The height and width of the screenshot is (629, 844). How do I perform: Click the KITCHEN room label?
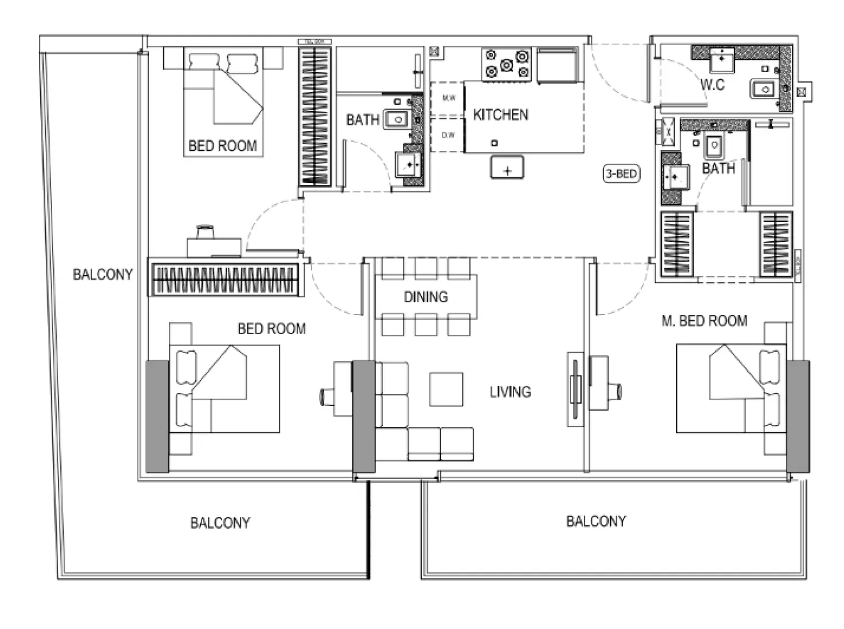click(500, 115)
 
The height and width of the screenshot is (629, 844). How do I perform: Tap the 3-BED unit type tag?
click(621, 173)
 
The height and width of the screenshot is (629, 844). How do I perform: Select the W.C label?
click(712, 85)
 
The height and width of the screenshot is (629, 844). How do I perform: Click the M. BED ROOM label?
click(704, 321)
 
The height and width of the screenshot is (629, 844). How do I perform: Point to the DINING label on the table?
click(425, 297)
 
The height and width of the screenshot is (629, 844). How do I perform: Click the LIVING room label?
click(510, 392)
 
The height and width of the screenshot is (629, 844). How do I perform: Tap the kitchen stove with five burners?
click(506, 64)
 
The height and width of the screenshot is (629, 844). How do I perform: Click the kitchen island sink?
click(507, 169)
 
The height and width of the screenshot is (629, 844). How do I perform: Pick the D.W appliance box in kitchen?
click(448, 136)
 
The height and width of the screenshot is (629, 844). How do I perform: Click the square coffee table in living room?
click(446, 389)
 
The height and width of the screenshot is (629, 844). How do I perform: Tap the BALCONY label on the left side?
click(102, 274)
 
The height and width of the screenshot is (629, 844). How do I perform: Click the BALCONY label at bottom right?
click(596, 521)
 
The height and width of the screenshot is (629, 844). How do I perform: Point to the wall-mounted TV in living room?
click(575, 389)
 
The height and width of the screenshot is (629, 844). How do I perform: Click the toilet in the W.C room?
click(763, 89)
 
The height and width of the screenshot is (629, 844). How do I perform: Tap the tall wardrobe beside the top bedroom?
click(315, 117)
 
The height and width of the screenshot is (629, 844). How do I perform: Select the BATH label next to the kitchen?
click(362, 120)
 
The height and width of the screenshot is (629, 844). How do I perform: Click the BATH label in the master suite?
click(718, 168)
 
